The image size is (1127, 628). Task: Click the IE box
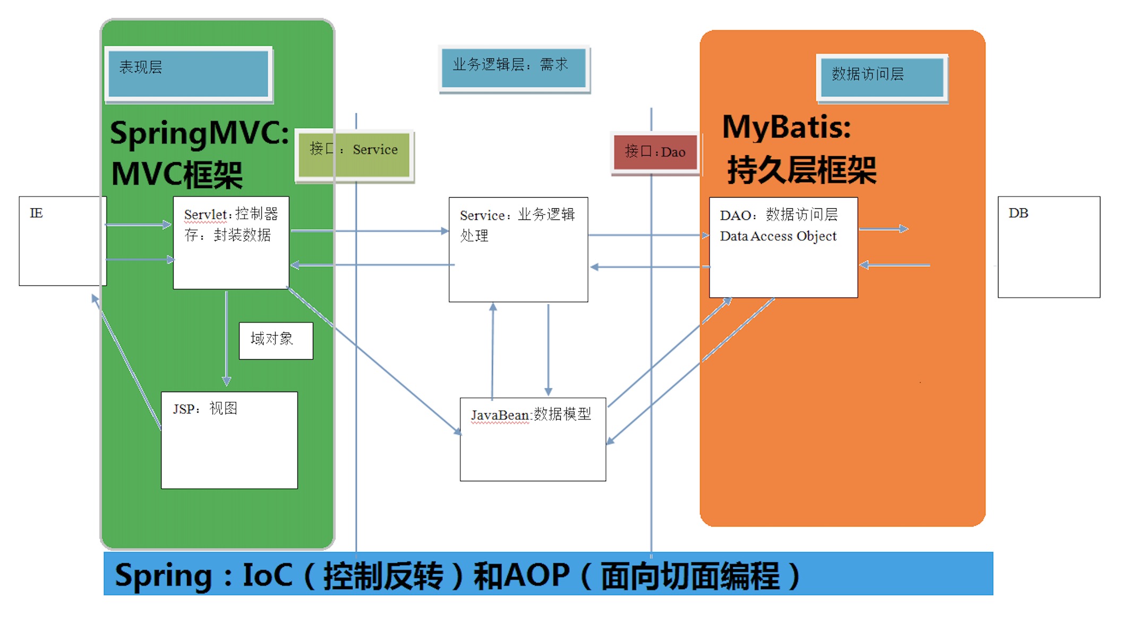62,241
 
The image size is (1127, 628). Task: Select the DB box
1048,247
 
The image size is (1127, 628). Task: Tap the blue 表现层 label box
189,74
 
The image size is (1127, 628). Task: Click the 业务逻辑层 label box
514,67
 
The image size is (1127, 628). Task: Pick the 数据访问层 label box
882,78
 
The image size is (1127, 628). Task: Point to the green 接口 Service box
354,155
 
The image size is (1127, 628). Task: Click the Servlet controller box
231,243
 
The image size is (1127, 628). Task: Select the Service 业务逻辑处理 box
518,249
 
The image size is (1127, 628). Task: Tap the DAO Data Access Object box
783,247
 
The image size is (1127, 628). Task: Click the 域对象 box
276,341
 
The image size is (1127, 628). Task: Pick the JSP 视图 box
229,440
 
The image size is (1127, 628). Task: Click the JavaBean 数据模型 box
532,439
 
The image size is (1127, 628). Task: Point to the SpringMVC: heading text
199,133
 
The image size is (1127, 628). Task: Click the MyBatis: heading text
786,128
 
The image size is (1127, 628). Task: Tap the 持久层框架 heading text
801,171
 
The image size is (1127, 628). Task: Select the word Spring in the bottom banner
163,575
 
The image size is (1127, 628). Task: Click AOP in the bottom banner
536,575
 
